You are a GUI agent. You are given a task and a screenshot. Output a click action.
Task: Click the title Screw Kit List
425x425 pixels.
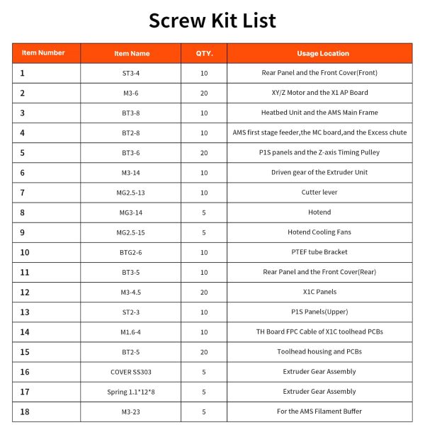pyautogui.click(x=212, y=20)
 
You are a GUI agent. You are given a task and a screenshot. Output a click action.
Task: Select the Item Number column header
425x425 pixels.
pyautogui.click(x=43, y=53)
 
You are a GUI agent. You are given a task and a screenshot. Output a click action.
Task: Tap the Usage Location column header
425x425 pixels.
pyautogui.click(x=319, y=53)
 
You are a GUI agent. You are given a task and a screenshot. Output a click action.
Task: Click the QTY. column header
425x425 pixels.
pyautogui.click(x=204, y=53)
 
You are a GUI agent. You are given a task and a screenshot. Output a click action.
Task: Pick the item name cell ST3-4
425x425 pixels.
pyautogui.click(x=132, y=73)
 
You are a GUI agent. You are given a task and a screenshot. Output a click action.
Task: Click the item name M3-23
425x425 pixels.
pyautogui.click(x=132, y=412)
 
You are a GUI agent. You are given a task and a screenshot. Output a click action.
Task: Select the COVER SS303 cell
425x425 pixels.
pyautogui.click(x=132, y=372)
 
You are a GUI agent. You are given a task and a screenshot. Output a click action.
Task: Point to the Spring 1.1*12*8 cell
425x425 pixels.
pyautogui.click(x=132, y=392)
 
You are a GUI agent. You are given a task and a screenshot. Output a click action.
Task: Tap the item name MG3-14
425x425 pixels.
pyautogui.click(x=132, y=212)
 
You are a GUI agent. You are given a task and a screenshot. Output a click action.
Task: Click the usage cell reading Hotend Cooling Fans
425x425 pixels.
pyautogui.click(x=319, y=232)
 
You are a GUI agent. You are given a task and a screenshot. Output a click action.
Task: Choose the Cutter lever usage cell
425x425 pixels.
pyautogui.click(x=319, y=193)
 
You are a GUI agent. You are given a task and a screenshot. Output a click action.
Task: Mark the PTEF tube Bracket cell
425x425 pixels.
pyautogui.click(x=319, y=252)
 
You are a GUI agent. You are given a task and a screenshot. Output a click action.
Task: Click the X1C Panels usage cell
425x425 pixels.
pyautogui.click(x=319, y=292)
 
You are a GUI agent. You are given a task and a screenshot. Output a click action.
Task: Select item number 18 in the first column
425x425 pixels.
pyautogui.click(x=25, y=412)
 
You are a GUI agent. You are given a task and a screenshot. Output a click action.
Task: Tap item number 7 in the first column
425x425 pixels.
pyautogui.click(x=23, y=193)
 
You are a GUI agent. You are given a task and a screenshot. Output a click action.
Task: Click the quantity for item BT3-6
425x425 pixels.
pyautogui.click(x=204, y=153)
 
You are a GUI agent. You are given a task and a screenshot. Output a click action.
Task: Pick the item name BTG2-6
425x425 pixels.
pyautogui.click(x=132, y=252)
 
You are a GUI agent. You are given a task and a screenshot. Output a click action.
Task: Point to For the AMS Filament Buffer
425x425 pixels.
pyautogui.click(x=319, y=412)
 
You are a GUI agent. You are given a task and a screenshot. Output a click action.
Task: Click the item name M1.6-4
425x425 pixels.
pyautogui.click(x=132, y=332)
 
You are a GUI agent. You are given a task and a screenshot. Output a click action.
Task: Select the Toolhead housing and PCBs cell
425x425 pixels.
pyautogui.click(x=319, y=352)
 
